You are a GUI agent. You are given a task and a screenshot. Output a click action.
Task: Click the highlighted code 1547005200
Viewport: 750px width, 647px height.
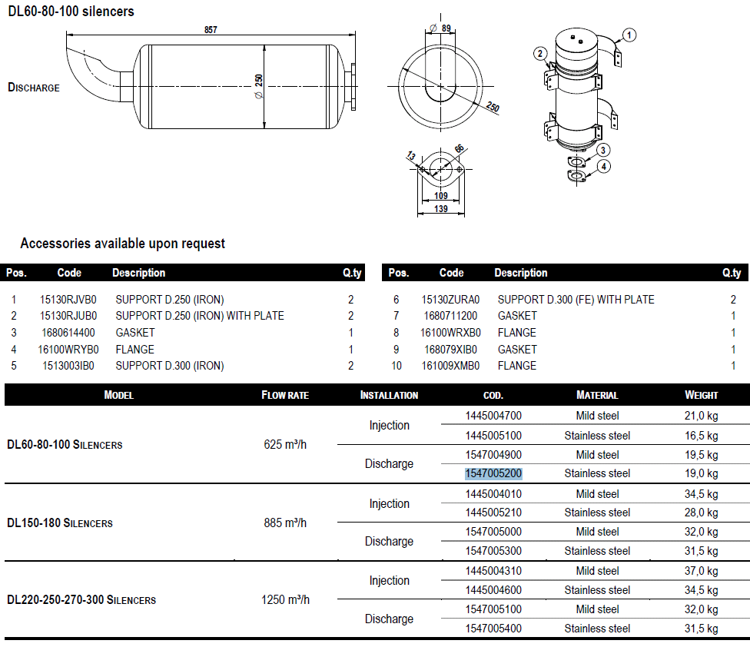(493, 473)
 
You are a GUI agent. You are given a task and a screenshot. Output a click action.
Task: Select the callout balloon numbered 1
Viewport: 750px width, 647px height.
(629, 34)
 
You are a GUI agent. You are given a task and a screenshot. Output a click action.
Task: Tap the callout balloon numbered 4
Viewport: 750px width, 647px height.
(605, 166)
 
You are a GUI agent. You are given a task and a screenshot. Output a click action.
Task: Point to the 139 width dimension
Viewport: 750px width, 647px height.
(440, 209)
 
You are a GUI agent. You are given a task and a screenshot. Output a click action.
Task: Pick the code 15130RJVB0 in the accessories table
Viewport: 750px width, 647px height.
(68, 300)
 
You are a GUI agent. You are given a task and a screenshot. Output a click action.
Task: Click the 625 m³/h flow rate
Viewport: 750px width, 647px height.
(285, 445)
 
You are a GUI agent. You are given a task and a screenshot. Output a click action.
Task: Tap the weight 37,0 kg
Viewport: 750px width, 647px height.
(701, 571)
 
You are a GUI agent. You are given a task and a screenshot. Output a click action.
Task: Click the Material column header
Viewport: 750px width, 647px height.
(597, 395)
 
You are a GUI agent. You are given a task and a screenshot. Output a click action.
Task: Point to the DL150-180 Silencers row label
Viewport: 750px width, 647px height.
(60, 523)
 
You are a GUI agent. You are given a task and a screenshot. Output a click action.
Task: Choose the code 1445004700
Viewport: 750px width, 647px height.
(493, 416)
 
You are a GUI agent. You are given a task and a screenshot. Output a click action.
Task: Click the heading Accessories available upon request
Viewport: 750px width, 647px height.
(123, 244)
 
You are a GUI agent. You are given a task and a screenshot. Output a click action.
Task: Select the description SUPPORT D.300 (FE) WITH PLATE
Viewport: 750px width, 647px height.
(576, 300)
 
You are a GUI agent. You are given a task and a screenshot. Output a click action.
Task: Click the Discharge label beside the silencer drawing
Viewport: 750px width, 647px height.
(34, 88)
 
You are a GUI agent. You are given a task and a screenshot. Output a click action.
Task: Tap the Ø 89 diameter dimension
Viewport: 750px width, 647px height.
(440, 28)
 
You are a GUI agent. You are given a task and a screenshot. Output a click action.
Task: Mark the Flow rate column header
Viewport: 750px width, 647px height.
(285, 395)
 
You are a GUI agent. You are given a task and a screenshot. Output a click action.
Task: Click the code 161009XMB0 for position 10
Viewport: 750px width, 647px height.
(451, 366)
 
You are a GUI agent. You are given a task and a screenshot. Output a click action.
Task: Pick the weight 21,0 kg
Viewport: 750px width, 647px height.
(701, 416)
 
